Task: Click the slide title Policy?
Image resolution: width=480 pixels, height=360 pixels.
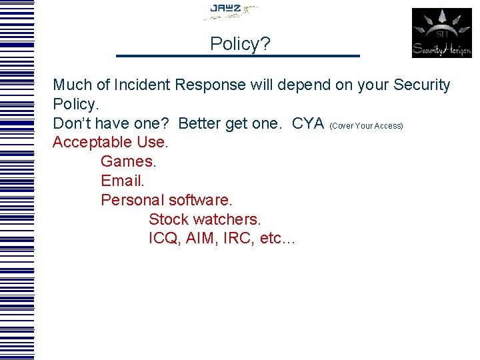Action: point(240,44)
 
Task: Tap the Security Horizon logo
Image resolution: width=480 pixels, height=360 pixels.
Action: point(441,33)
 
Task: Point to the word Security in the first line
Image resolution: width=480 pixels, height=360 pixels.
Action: point(421,85)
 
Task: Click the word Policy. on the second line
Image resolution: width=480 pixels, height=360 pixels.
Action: point(75,105)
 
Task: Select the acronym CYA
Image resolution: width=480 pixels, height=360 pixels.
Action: point(308,124)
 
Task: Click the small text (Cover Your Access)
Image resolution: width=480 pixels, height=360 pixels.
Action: point(366,126)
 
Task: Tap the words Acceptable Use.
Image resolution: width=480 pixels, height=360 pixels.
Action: point(111,143)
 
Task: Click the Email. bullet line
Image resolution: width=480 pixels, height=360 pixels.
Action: point(123,181)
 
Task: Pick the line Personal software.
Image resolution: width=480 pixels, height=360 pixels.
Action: point(167,200)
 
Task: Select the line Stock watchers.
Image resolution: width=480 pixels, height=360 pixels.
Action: point(205,219)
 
